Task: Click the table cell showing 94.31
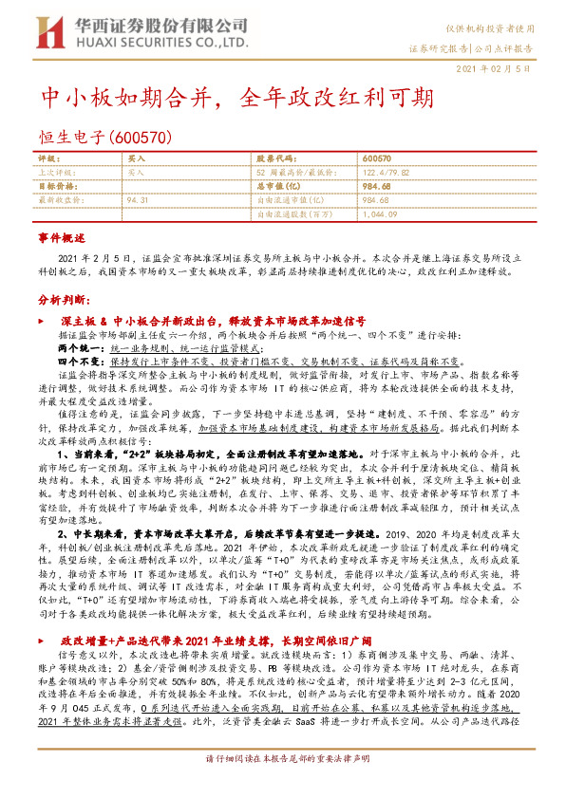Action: [138, 200]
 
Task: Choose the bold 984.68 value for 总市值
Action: [379, 187]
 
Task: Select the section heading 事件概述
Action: [61, 236]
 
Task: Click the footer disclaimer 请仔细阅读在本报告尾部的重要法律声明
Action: [283, 785]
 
